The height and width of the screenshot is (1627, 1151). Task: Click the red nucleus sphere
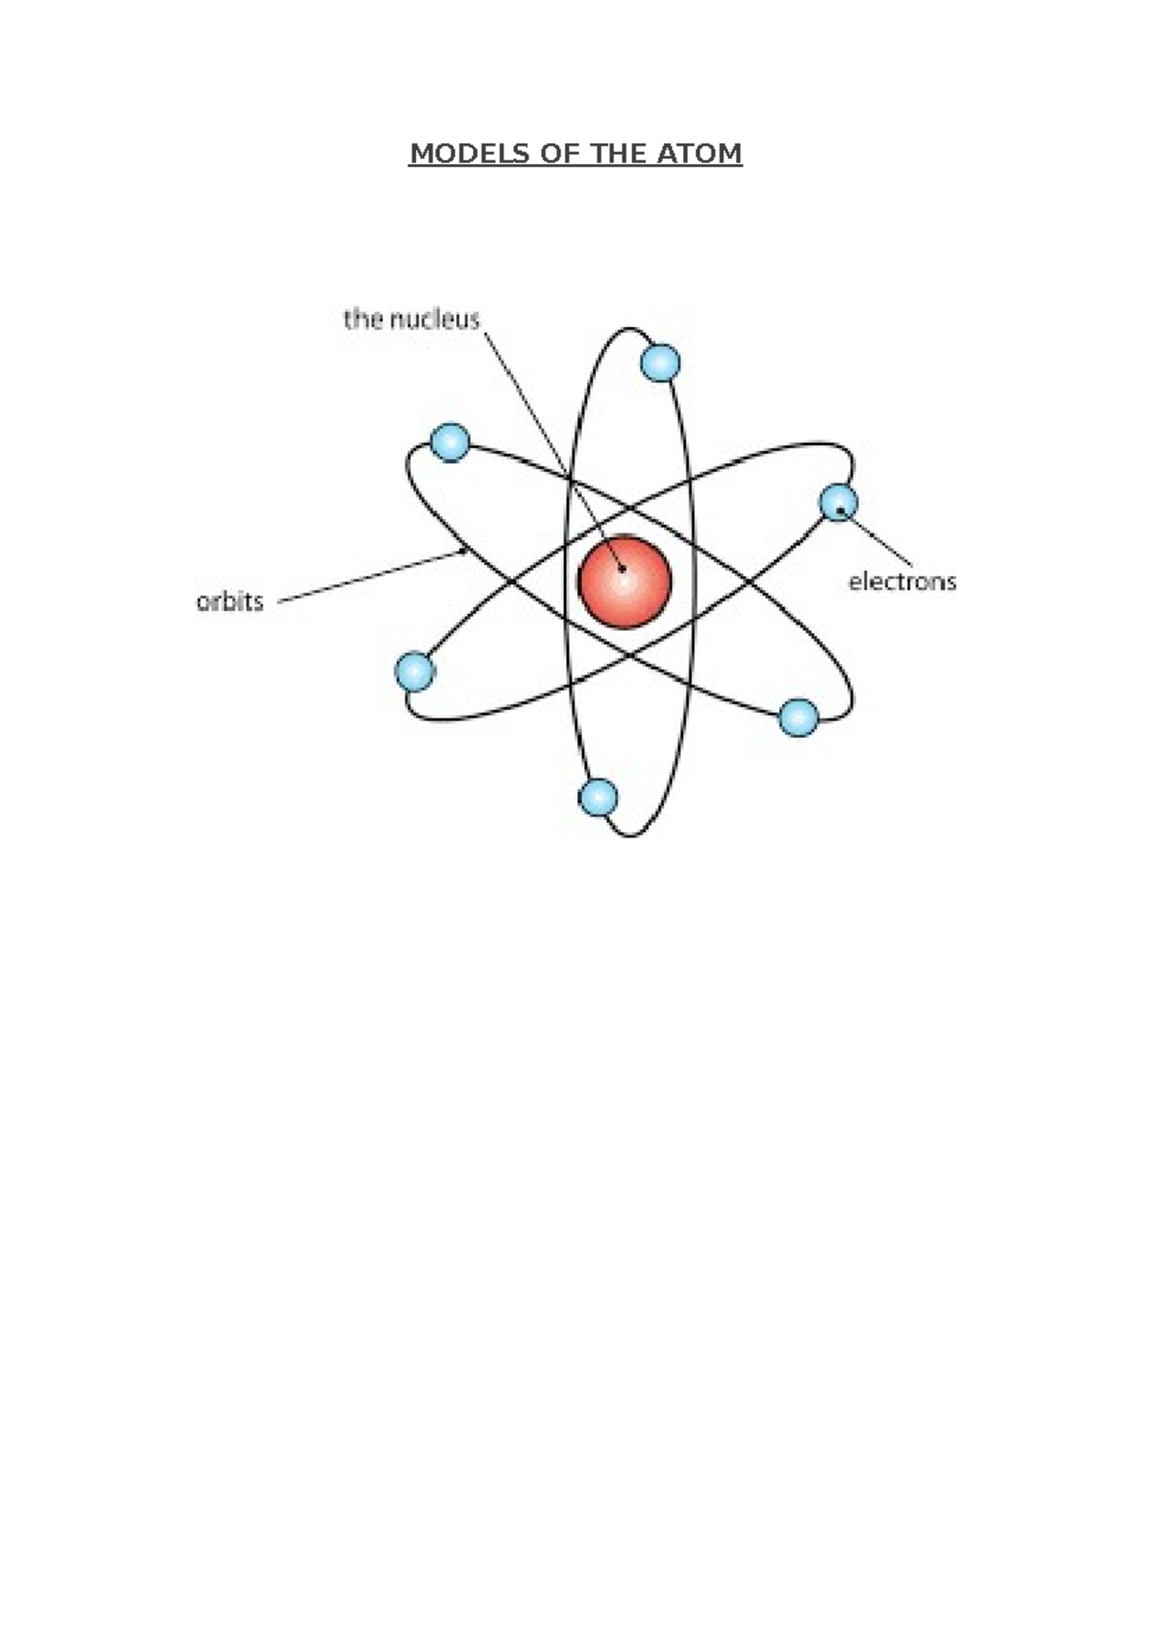pos(624,582)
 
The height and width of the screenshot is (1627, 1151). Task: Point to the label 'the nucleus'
pos(411,318)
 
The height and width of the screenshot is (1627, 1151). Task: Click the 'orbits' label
pos(230,601)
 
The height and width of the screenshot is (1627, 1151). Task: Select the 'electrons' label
pos(902,580)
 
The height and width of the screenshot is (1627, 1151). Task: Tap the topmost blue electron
pos(660,364)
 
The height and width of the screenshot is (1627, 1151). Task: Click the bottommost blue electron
pos(599,797)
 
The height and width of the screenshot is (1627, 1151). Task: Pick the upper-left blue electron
pos(450,442)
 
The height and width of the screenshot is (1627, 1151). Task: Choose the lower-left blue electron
pos(415,672)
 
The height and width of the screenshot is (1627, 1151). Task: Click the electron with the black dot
pos(838,502)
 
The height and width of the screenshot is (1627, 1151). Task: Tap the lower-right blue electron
pos(798,717)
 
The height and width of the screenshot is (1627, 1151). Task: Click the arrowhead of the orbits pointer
pos(463,552)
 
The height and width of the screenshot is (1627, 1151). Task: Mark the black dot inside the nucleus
pos(622,569)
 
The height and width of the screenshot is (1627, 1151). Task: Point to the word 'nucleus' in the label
pos(435,318)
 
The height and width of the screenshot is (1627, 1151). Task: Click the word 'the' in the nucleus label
pos(364,318)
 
